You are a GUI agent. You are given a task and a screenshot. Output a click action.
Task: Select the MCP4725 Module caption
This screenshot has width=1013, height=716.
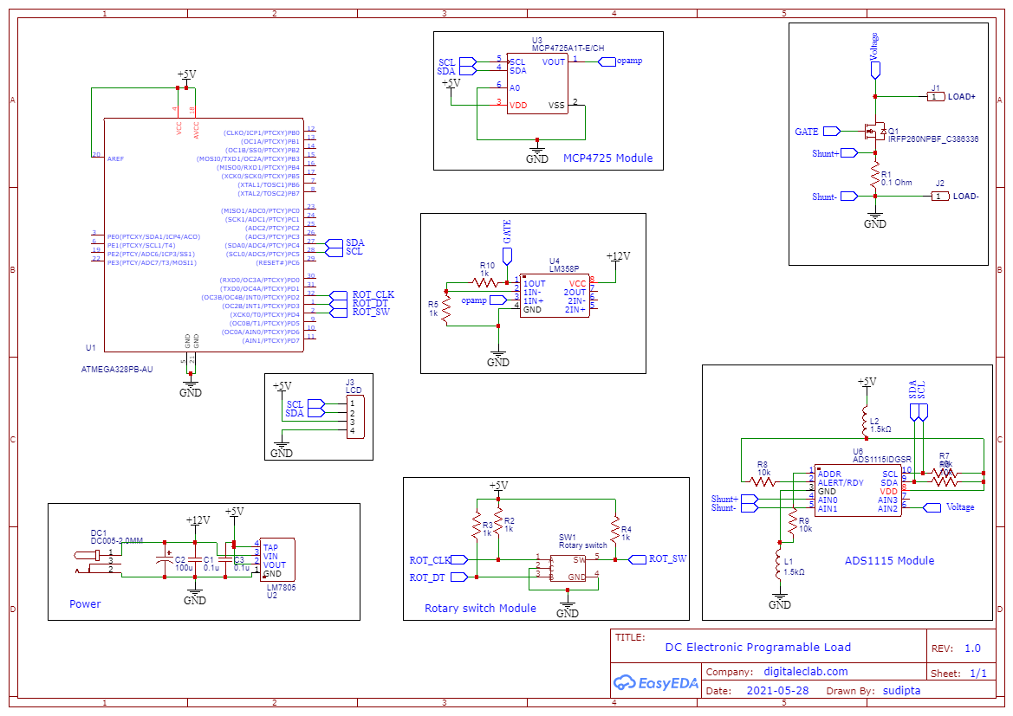[x=607, y=158]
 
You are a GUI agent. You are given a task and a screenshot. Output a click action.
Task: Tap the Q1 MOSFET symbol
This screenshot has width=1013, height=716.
[x=873, y=132]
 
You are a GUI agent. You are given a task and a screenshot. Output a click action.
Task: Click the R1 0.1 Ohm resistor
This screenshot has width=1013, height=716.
[x=875, y=177]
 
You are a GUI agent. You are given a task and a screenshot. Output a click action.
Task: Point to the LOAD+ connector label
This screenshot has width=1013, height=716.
[x=962, y=97]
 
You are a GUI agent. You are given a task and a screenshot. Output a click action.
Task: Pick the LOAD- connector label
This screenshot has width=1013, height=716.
[x=965, y=197]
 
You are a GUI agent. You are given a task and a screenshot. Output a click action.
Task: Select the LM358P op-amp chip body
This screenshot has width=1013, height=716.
[x=555, y=296]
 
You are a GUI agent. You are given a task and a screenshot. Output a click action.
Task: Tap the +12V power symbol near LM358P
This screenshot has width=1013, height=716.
[x=617, y=257]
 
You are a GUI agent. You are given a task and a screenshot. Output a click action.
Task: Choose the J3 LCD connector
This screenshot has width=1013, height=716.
[x=354, y=416]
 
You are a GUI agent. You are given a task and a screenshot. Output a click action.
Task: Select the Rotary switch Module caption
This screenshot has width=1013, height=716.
[x=480, y=609]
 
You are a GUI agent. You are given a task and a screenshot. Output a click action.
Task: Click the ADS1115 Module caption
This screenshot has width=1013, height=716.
[x=889, y=561]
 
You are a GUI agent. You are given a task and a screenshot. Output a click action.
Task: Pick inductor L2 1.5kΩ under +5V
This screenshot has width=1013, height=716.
[x=865, y=423]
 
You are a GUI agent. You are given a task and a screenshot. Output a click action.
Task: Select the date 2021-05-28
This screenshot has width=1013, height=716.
[x=777, y=691]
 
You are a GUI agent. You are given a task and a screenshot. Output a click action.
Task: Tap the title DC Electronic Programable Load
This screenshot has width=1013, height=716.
[x=757, y=648]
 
